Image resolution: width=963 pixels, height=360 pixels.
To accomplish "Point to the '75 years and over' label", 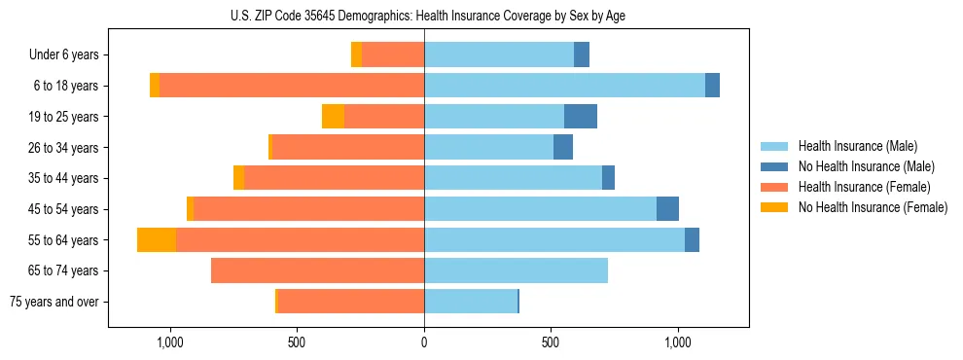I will (x=54, y=302).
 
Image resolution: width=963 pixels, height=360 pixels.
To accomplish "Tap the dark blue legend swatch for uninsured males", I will (x=775, y=166).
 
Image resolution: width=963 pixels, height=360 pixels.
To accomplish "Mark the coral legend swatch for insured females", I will (x=775, y=187).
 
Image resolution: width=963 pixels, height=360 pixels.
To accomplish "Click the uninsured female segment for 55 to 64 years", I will (x=157, y=240).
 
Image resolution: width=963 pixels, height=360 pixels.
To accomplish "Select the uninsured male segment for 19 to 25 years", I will (x=581, y=117).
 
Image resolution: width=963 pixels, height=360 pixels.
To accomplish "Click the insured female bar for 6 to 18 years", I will (x=292, y=86).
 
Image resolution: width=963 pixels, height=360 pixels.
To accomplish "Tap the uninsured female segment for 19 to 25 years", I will (x=333, y=117).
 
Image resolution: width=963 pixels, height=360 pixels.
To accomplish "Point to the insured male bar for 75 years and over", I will (x=471, y=302).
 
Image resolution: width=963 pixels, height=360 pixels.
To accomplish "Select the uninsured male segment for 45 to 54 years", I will (x=667, y=209).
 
